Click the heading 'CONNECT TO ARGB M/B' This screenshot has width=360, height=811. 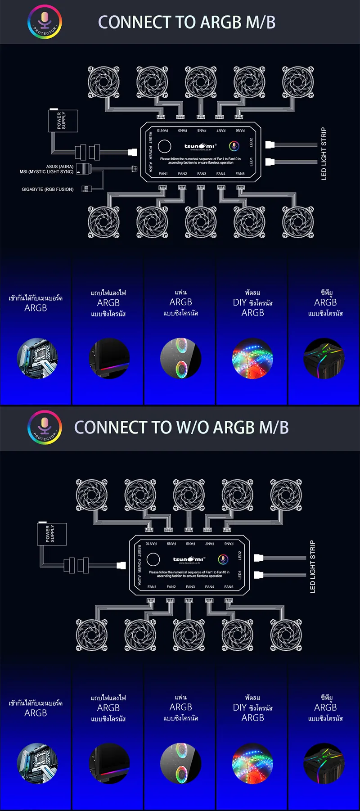click(x=186, y=22)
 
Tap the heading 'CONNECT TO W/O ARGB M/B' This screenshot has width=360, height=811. click(x=181, y=428)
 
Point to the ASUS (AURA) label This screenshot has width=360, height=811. click(x=60, y=167)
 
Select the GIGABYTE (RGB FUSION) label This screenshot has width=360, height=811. click(x=48, y=189)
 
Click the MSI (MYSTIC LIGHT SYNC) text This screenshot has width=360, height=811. click(x=46, y=172)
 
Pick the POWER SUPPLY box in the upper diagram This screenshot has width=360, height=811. click(x=63, y=121)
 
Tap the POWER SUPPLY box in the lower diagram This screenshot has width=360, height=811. click(x=52, y=534)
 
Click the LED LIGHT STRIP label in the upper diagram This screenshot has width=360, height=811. click(x=324, y=154)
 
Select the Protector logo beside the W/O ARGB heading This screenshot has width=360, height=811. click(x=45, y=427)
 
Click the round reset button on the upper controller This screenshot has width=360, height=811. click(x=165, y=146)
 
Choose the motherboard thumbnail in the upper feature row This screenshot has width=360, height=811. click(x=37, y=358)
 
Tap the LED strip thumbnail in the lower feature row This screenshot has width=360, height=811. click(x=252, y=763)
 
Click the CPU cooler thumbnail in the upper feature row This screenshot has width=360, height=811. click(x=324, y=358)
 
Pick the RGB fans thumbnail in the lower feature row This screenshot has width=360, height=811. click(x=180, y=763)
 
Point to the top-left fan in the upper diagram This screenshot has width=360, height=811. click(x=103, y=82)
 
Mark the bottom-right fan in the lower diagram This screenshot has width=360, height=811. click(x=286, y=635)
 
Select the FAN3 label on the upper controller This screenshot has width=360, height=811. click(x=202, y=174)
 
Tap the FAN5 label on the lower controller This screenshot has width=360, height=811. click(x=229, y=587)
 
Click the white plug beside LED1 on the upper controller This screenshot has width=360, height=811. click(x=270, y=162)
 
